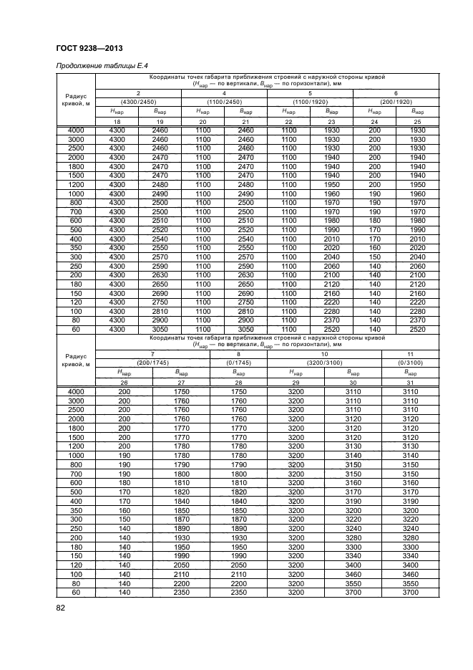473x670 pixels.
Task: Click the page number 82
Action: tap(61, 608)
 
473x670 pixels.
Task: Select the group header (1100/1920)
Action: tap(310, 101)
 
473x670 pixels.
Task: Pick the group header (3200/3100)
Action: tap(324, 363)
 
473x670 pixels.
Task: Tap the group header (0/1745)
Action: tap(238, 363)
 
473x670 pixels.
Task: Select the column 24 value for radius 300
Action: tap(374, 256)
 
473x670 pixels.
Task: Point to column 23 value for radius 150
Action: tap(331, 292)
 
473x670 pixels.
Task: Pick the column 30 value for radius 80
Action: tap(353, 584)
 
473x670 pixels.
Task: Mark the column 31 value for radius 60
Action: tap(410, 593)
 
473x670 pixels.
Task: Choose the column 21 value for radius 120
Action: tap(245, 302)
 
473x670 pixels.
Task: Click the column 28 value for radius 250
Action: tap(238, 529)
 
